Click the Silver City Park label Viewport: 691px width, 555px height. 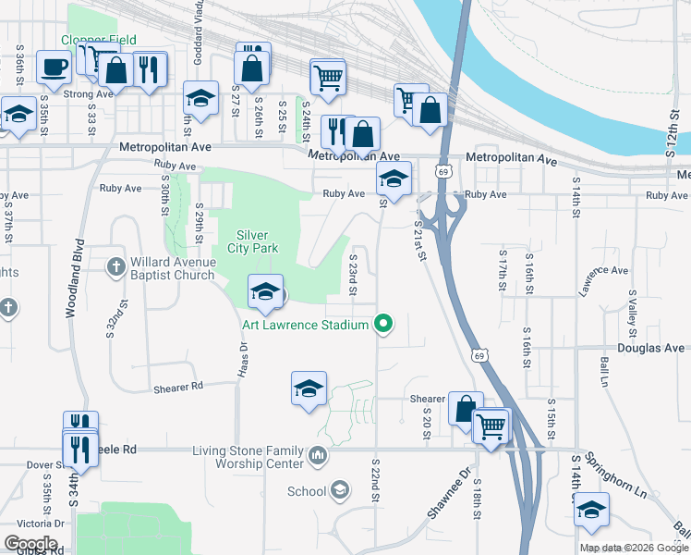tap(252, 241)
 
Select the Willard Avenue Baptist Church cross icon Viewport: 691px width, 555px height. tap(116, 267)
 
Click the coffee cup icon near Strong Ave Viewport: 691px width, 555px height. tap(54, 67)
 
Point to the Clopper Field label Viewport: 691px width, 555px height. tap(99, 40)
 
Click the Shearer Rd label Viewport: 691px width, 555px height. tap(178, 387)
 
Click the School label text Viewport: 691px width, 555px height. tap(307, 491)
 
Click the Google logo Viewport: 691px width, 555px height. tap(31, 543)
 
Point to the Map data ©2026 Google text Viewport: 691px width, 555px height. tap(634, 548)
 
